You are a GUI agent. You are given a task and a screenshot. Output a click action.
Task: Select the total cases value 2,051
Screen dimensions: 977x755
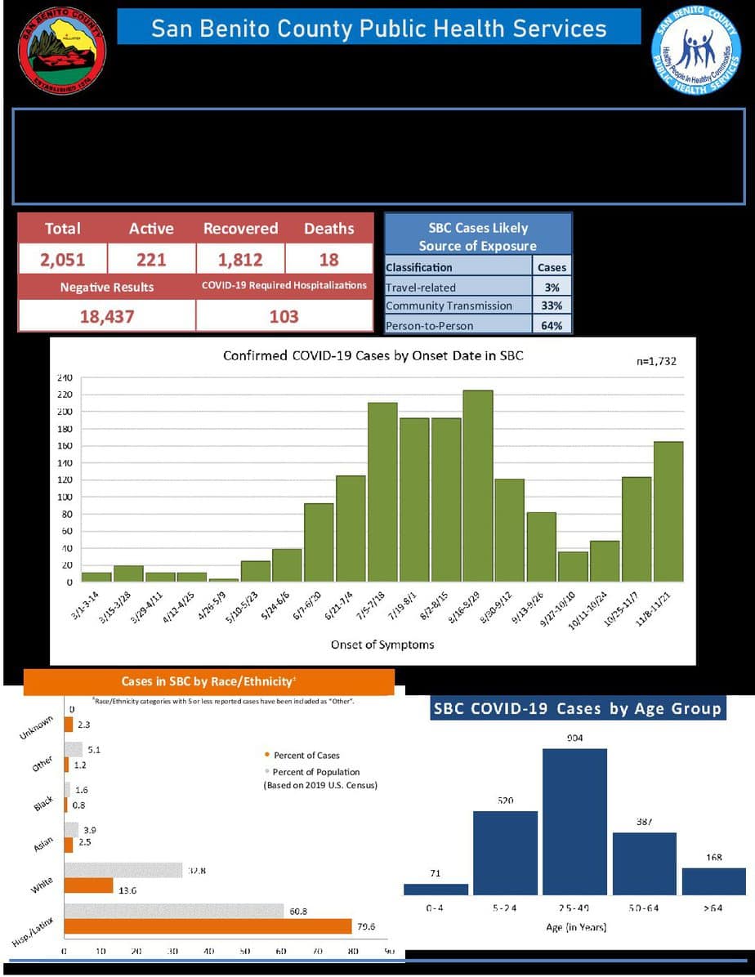63,260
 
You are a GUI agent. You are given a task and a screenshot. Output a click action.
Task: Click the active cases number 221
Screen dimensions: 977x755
151,260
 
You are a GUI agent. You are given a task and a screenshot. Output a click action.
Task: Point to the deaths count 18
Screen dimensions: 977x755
328,260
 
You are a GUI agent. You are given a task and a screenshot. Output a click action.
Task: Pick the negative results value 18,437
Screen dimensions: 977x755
106,316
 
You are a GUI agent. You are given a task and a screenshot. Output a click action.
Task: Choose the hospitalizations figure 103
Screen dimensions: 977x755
284,316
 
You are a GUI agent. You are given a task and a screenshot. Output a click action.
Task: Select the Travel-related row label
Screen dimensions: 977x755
421,288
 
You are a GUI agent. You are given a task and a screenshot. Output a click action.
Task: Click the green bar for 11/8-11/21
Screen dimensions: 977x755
668,511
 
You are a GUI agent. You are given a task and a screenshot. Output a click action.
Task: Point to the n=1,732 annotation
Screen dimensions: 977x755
656,361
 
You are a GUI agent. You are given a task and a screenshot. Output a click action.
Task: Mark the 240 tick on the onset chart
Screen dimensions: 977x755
65,378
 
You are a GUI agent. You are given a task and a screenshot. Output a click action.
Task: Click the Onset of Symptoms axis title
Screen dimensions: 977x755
382,645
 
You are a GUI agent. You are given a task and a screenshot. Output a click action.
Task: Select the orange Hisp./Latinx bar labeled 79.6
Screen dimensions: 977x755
208,926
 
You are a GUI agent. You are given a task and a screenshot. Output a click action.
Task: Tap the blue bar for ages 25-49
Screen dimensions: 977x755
575,821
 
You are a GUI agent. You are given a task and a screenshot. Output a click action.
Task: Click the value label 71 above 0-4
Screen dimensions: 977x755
436,874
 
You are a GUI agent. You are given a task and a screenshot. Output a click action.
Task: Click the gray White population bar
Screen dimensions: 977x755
123,870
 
